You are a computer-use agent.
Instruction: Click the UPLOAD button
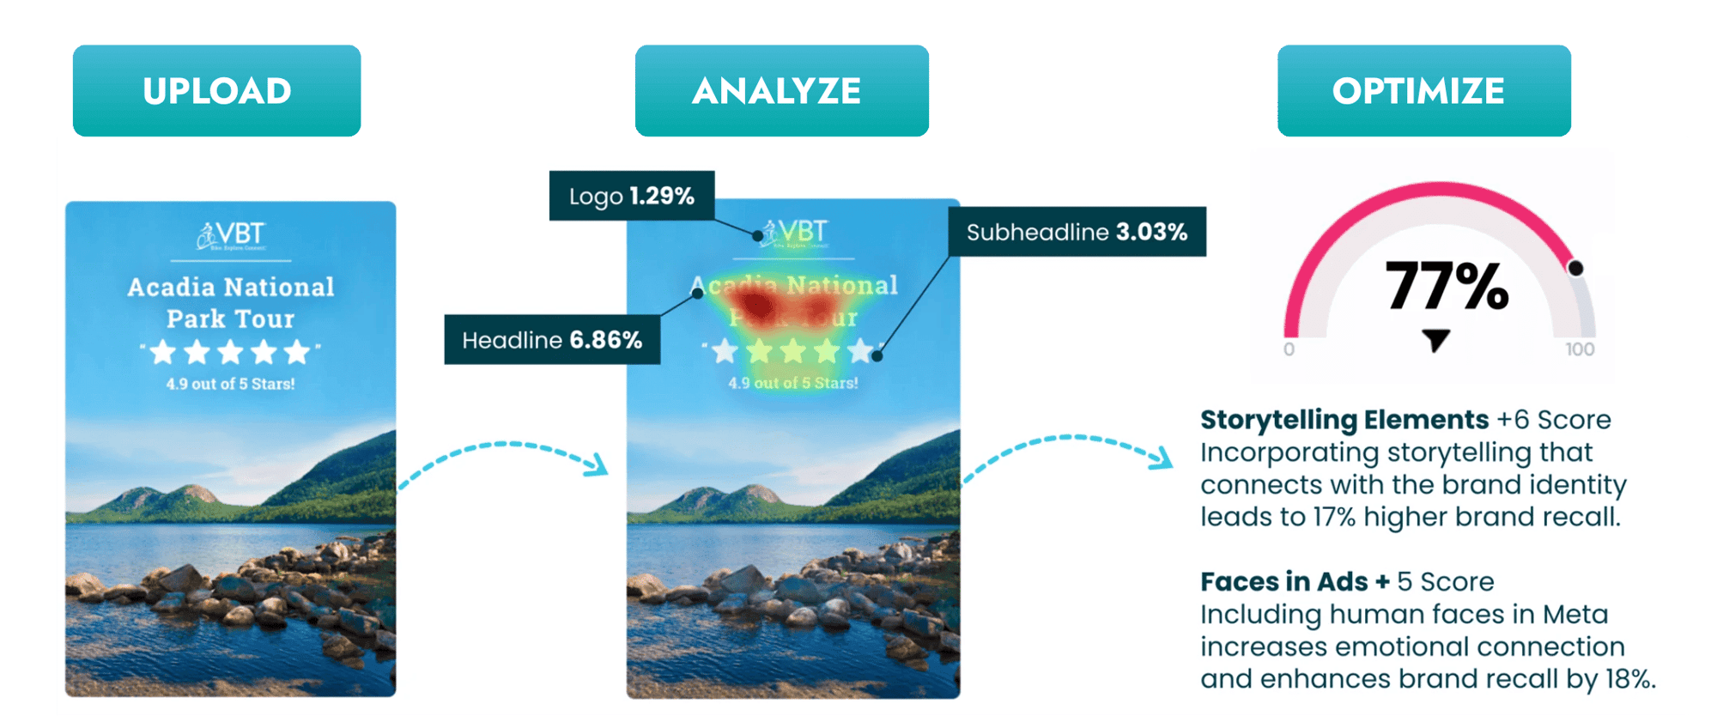216,91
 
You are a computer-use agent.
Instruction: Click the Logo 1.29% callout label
632,196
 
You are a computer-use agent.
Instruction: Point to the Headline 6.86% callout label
552,340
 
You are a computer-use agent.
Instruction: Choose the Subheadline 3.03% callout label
1077,232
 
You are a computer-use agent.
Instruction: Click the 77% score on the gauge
1447,286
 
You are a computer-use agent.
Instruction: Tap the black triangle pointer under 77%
1435,339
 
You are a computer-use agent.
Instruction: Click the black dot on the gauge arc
1575,268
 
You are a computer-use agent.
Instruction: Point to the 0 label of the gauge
1289,349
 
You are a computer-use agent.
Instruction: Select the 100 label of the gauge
1580,349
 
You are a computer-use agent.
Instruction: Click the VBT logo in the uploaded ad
231,235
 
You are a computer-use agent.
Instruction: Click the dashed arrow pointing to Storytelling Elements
1069,453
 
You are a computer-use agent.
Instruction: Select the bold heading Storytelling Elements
1344,420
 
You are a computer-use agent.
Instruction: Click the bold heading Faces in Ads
1283,582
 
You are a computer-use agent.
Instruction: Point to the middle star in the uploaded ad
230,352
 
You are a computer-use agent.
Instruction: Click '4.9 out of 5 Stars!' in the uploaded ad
230,384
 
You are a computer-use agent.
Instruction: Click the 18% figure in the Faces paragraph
1629,679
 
